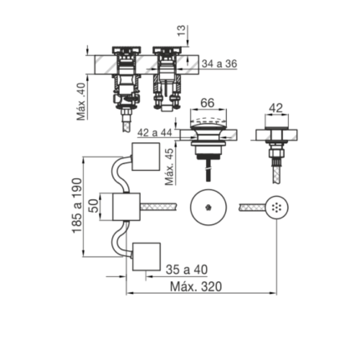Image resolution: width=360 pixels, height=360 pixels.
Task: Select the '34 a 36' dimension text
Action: click(x=219, y=64)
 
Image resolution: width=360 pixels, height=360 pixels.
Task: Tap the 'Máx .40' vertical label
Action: click(x=82, y=101)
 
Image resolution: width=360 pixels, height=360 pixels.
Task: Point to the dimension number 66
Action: click(x=208, y=103)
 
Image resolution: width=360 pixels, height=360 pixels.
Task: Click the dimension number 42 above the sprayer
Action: click(x=276, y=108)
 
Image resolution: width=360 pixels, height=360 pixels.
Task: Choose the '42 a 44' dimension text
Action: click(x=155, y=132)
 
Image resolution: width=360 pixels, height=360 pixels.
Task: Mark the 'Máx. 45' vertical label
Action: click(x=169, y=167)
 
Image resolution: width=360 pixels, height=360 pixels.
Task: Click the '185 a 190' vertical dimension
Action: click(x=77, y=205)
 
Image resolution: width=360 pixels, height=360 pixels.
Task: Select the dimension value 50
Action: click(x=95, y=206)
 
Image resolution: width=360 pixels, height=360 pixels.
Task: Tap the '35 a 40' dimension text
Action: click(x=187, y=270)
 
